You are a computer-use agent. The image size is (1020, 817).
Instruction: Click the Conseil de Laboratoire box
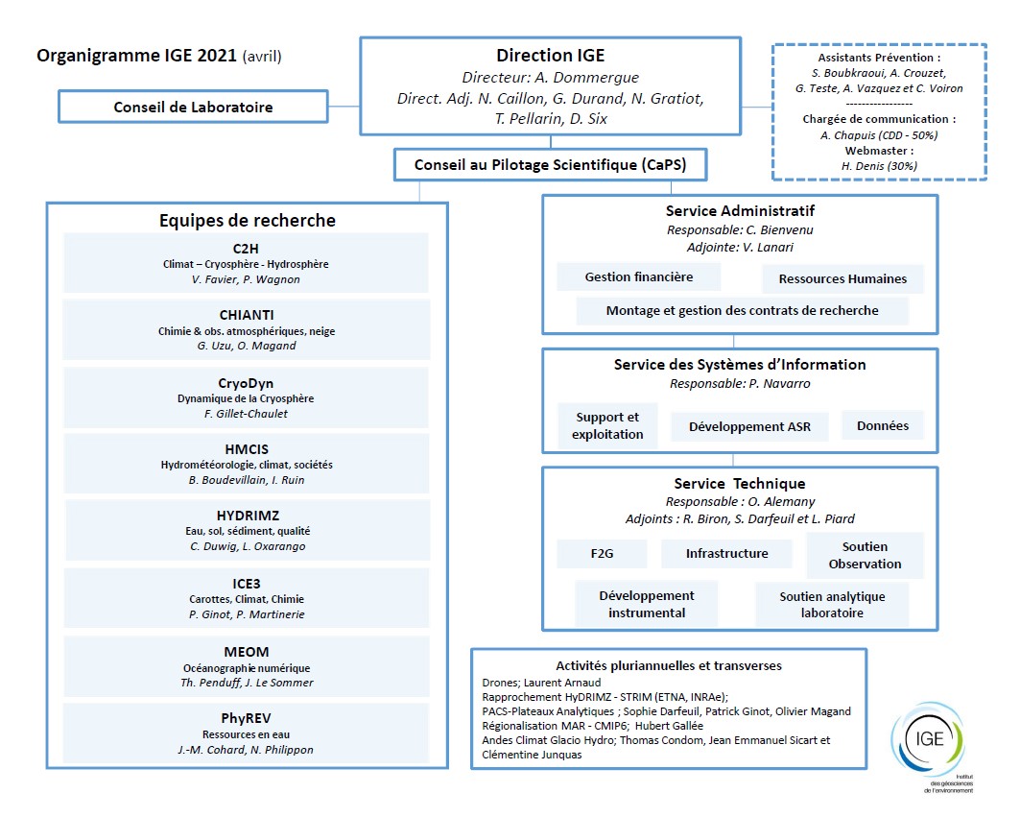193,107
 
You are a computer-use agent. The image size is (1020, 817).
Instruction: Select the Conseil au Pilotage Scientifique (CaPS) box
551,165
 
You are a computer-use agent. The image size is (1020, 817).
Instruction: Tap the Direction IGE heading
550,56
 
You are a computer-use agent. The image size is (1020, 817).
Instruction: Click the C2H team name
246,249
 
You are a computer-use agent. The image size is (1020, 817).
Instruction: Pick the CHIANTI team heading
246,316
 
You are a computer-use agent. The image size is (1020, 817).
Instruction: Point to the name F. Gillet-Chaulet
246,414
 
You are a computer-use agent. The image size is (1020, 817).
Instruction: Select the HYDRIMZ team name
246,516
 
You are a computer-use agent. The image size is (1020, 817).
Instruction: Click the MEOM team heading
246,652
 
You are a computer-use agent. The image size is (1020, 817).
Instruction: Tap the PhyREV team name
246,717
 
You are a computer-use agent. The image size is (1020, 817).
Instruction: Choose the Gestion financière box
638,277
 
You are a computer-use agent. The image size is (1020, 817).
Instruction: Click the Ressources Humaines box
842,278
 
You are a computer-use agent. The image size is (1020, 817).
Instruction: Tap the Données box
882,425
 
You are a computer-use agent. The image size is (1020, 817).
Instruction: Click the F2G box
601,554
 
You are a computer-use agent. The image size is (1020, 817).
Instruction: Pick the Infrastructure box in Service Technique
726,554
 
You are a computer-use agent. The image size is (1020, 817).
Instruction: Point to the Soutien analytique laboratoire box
831,604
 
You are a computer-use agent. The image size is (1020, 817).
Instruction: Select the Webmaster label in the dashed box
878,151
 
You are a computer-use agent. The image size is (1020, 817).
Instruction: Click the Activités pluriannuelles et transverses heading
668,665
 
